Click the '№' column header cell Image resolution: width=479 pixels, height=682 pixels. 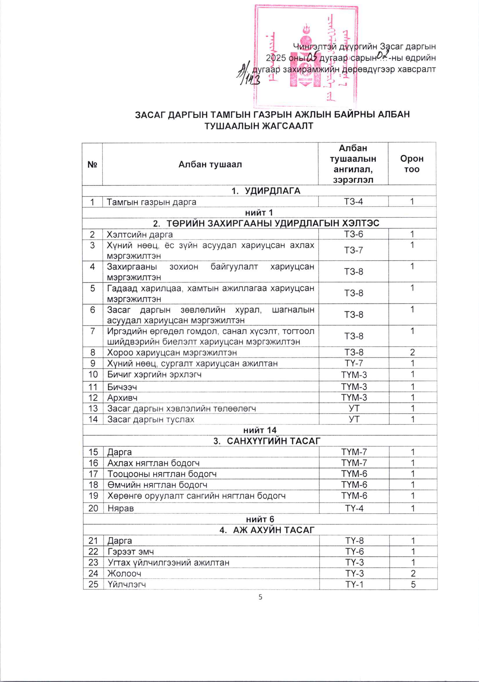click(x=93, y=164)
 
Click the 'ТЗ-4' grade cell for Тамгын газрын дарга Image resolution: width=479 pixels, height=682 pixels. click(x=353, y=202)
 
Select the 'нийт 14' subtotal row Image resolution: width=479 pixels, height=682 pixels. click(x=260, y=430)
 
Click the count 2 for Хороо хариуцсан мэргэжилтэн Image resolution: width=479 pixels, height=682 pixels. click(x=412, y=352)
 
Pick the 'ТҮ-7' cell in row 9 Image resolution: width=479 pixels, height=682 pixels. click(x=354, y=363)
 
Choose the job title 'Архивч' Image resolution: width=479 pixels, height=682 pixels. click(x=122, y=397)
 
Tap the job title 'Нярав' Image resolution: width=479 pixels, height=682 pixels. click(x=121, y=508)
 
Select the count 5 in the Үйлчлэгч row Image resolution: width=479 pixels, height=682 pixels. click(x=413, y=584)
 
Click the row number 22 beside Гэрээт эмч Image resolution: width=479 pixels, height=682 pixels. click(x=93, y=552)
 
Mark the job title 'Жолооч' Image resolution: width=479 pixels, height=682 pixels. click(x=124, y=573)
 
